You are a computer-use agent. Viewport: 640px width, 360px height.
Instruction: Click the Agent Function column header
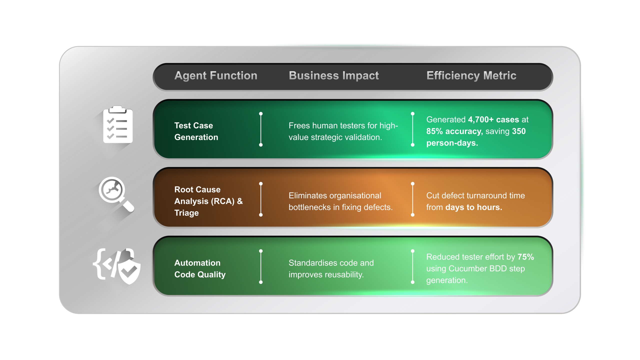click(x=216, y=76)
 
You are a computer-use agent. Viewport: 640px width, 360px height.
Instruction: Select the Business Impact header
click(x=334, y=76)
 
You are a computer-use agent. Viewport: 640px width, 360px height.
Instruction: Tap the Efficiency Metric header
click(x=471, y=76)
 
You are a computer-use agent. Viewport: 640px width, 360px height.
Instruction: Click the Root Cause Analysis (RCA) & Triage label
click(x=208, y=201)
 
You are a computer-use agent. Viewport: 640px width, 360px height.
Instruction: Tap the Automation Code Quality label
click(x=200, y=269)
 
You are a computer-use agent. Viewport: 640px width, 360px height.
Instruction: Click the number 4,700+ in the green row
click(x=481, y=120)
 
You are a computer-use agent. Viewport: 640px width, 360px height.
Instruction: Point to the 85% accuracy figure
click(x=454, y=131)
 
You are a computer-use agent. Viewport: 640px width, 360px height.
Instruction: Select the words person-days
click(x=452, y=143)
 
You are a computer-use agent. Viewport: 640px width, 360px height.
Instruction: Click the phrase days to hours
click(x=473, y=207)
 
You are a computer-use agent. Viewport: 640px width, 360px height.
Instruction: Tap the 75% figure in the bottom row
click(x=525, y=257)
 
